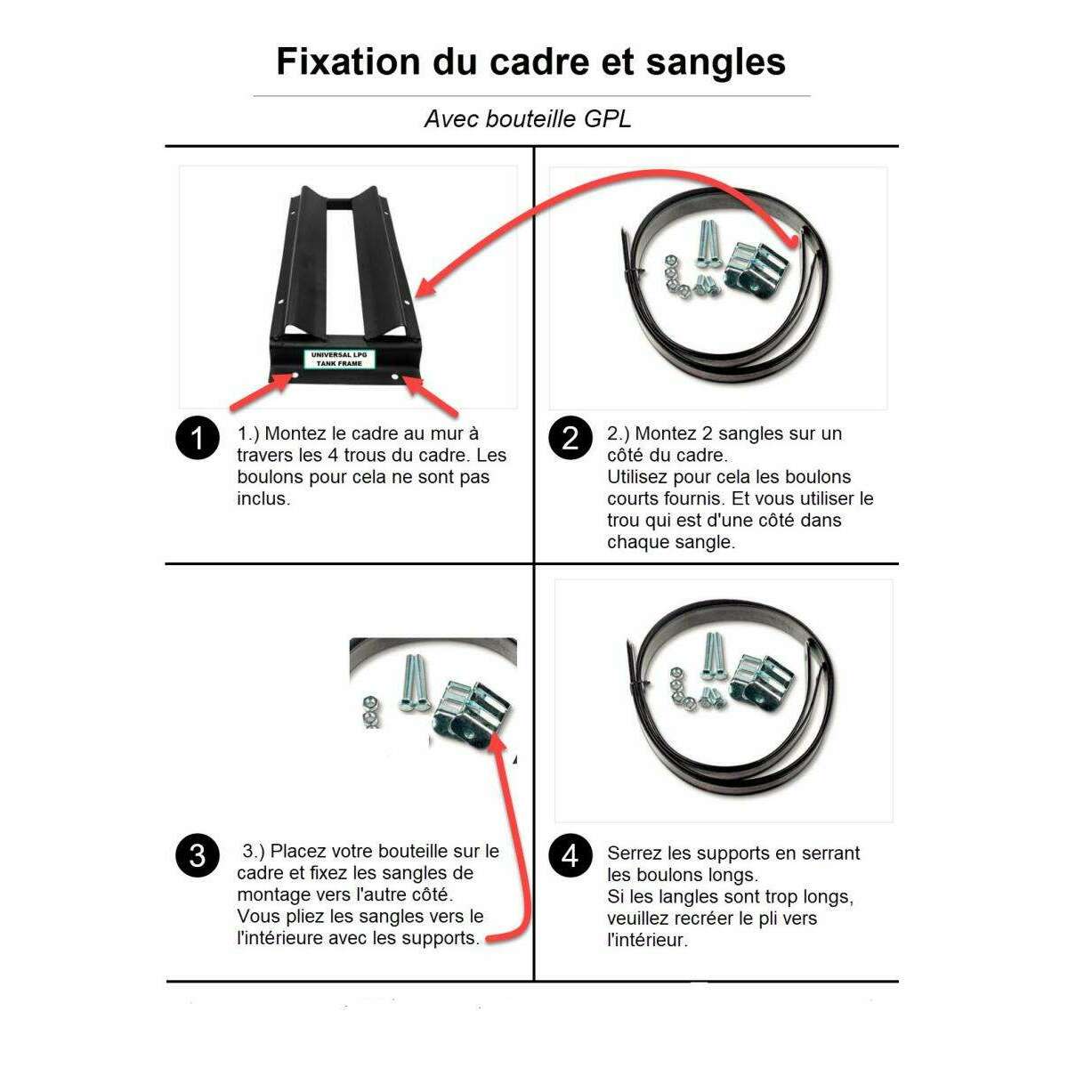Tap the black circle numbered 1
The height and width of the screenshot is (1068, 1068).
(x=197, y=439)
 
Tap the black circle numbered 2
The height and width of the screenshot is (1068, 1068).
(x=570, y=439)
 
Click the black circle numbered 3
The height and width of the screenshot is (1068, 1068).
(x=197, y=855)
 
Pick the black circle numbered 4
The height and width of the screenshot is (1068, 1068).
(x=570, y=855)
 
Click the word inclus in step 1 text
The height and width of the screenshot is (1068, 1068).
(x=263, y=499)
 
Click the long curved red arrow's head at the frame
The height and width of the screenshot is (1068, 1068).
(x=423, y=291)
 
